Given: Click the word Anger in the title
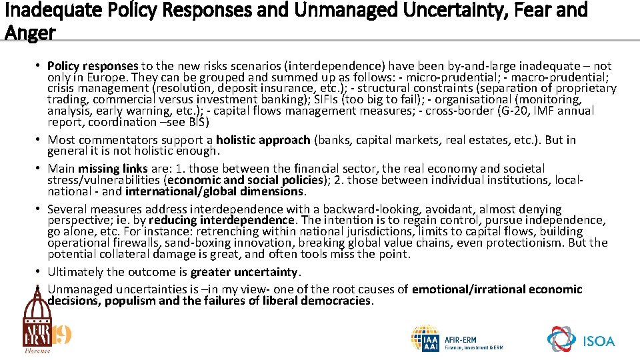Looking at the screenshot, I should pyautogui.click(x=30, y=31).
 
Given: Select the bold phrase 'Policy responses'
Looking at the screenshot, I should pyautogui.click(x=93, y=66).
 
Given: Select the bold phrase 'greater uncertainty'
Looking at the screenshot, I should pyautogui.click(x=245, y=272).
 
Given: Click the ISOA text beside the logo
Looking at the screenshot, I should pyautogui.click(x=598, y=341).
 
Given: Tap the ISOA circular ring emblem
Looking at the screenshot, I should pyautogui.click(x=561, y=339).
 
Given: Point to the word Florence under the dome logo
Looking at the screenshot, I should pyautogui.click(x=37, y=350).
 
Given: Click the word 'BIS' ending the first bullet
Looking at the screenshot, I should pyautogui.click(x=199, y=123).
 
